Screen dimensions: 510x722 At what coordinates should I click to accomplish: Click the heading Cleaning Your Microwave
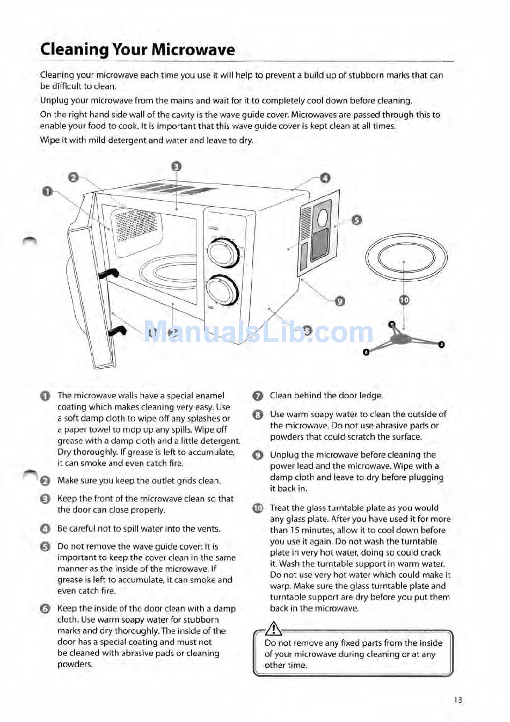coord(137,50)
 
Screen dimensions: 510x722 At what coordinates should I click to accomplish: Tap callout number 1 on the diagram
coord(47,192)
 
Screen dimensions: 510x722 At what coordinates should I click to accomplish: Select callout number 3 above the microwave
coord(177,167)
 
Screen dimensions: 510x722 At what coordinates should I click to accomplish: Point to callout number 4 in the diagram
coord(325,178)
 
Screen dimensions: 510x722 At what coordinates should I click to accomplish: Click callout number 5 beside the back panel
coord(356,220)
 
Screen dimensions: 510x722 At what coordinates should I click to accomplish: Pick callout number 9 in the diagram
coord(340,301)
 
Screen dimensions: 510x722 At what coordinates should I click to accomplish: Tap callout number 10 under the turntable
coord(404,300)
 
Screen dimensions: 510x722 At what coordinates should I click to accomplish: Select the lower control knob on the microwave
coord(223,290)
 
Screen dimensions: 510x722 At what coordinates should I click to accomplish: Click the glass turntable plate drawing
coord(406,259)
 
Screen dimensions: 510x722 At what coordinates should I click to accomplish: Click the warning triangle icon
coord(274,628)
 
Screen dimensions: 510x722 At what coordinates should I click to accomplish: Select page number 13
coord(457,700)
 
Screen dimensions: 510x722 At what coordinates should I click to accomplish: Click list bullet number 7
coord(258,396)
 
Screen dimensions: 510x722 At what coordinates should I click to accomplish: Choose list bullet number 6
coord(45,609)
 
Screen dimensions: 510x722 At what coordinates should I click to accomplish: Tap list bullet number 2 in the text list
coord(45,481)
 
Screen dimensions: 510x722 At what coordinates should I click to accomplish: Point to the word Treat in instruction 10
coord(280,508)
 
